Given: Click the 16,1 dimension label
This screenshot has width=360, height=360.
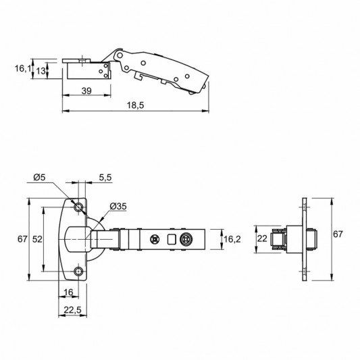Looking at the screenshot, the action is pyautogui.click(x=23, y=68).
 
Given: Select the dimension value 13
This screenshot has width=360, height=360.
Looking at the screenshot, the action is pyautogui.click(x=41, y=71).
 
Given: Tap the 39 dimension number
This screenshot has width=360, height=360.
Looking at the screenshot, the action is pyautogui.click(x=86, y=91).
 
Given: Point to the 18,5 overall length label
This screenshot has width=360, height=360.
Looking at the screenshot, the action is pyautogui.click(x=136, y=105).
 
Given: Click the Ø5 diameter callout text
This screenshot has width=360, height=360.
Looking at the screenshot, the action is pyautogui.click(x=39, y=177).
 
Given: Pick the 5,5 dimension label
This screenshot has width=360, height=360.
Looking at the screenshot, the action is pyautogui.click(x=105, y=177).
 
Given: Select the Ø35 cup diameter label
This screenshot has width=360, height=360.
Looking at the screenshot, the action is pyautogui.click(x=118, y=207).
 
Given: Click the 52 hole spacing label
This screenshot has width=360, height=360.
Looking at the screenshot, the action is pyautogui.click(x=37, y=239).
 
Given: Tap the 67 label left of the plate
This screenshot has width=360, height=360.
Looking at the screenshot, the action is pyautogui.click(x=22, y=239).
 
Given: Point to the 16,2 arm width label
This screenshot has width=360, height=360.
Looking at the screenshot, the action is pyautogui.click(x=232, y=239).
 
